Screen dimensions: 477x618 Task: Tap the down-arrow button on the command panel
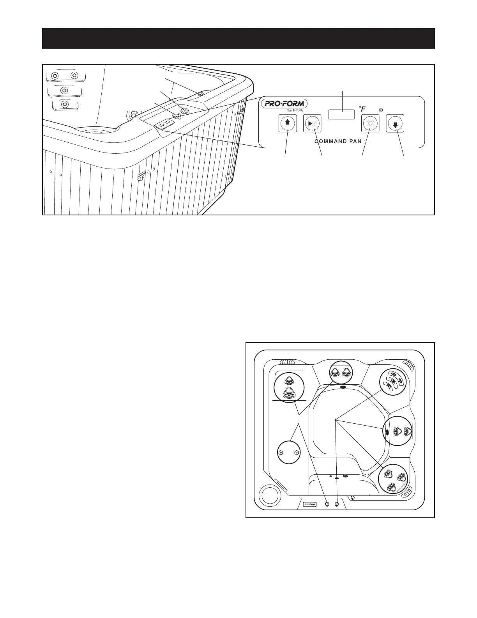[x=396, y=123]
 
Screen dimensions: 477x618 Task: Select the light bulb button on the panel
[x=370, y=123]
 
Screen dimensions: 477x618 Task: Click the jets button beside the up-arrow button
[x=312, y=123]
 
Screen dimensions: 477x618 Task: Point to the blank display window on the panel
[x=341, y=114]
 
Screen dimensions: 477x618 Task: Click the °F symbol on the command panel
[x=362, y=108]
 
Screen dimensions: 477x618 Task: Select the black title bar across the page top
[x=238, y=39]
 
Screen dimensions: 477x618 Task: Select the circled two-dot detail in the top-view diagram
[x=289, y=452]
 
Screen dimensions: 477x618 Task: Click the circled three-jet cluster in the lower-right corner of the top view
[x=393, y=479]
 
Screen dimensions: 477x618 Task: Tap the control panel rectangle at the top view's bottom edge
[x=310, y=504]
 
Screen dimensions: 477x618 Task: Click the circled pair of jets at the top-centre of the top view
[x=339, y=373]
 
